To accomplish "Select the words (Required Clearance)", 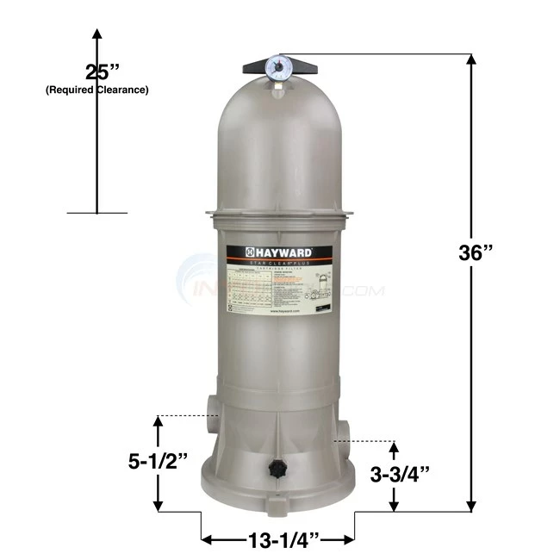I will click(96, 90).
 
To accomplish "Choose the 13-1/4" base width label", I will click(278, 540).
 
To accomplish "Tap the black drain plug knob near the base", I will click(278, 469).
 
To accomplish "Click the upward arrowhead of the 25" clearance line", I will click(97, 34).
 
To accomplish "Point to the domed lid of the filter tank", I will click(278, 146).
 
